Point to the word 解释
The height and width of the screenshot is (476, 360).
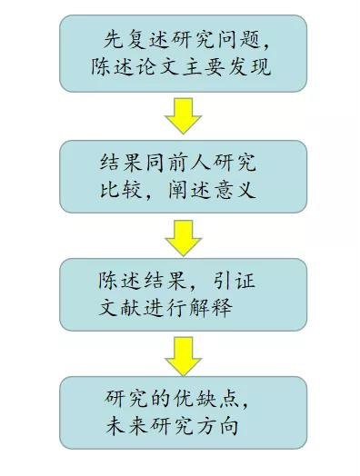(x=208, y=306)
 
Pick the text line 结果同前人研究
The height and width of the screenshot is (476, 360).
(x=177, y=163)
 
